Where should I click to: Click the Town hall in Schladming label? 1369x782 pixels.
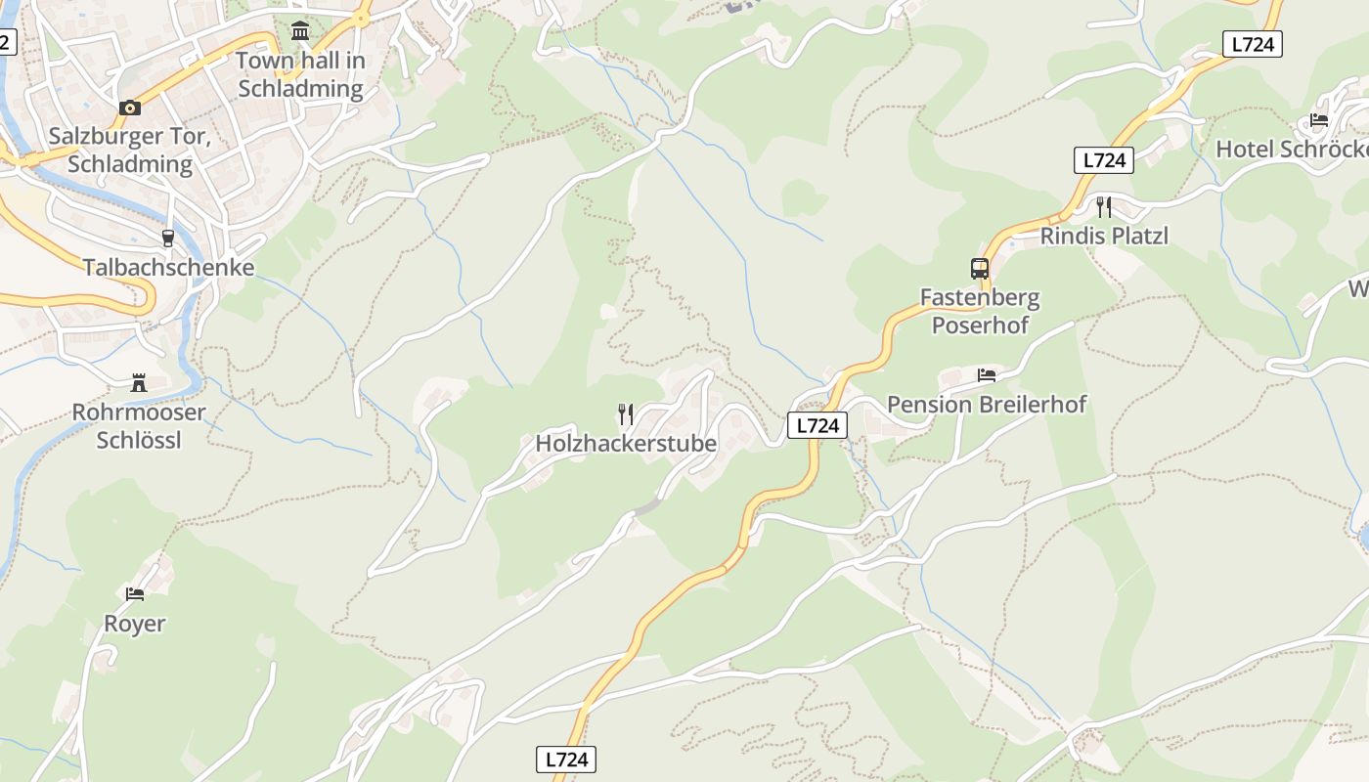[x=300, y=74]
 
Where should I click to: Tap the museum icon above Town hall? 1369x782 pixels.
[x=300, y=31]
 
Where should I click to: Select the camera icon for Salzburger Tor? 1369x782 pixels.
[x=129, y=108]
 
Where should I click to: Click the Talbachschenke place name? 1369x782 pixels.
[x=168, y=267]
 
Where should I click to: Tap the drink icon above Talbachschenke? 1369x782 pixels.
[x=168, y=238]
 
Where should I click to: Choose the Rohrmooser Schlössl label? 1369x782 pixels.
[x=139, y=425]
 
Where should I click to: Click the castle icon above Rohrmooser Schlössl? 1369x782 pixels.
[x=139, y=383]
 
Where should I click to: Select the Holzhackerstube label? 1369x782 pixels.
[x=626, y=443]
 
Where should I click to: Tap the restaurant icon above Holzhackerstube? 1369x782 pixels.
[x=626, y=413]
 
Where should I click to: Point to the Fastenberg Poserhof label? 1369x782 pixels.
[x=980, y=310]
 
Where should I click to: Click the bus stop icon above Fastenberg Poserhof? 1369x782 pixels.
[x=980, y=268]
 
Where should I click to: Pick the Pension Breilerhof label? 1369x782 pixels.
[x=986, y=404]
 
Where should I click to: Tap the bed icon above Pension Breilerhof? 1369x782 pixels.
[x=986, y=374]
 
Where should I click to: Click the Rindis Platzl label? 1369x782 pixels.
[x=1104, y=236]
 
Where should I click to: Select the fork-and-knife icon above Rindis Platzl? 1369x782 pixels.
[x=1104, y=206]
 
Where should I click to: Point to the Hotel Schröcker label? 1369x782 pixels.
[x=1291, y=149]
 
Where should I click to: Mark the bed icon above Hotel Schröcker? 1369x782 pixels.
[x=1319, y=120]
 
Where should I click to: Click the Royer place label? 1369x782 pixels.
[x=135, y=623]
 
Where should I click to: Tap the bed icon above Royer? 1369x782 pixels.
[x=135, y=593]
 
